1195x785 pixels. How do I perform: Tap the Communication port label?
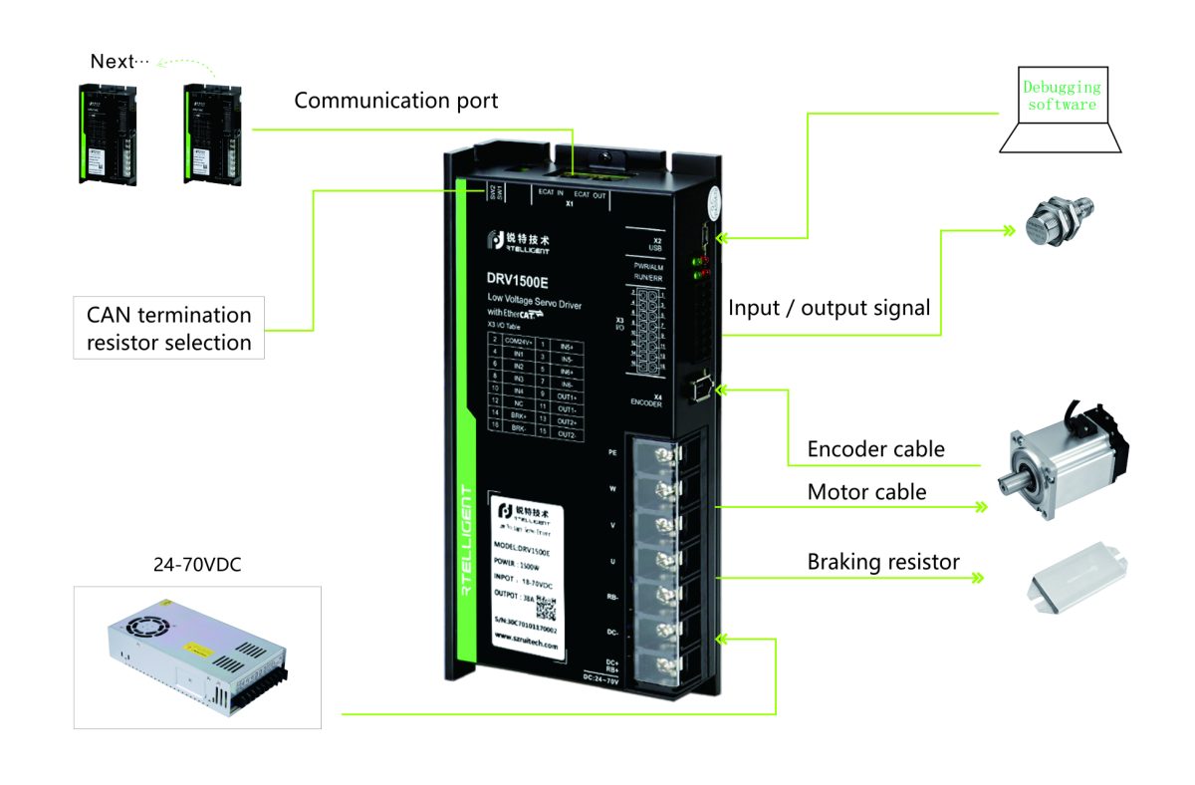pos(395,101)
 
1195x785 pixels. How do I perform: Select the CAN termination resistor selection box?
pos(167,329)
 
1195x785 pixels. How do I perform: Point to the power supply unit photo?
pos(197,656)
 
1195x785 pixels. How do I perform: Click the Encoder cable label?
pos(875,449)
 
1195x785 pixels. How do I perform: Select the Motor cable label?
pos(866,492)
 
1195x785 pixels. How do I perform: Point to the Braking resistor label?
pos(883,562)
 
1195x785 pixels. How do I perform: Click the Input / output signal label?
pos(829,308)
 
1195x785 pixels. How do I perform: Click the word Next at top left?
pos(112,62)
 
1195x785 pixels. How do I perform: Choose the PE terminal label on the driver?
pos(613,451)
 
